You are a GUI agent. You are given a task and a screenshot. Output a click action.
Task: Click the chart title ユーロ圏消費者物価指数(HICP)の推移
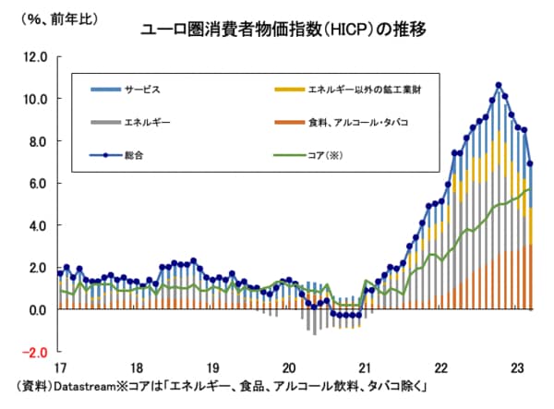click(x=283, y=28)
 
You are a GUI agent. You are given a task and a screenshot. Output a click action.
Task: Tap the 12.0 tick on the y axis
click(x=35, y=56)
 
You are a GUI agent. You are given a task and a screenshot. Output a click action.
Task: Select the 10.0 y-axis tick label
click(x=35, y=99)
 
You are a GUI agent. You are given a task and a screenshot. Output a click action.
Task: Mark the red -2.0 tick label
click(x=36, y=352)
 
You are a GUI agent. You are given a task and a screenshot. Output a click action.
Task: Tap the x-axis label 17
click(x=61, y=365)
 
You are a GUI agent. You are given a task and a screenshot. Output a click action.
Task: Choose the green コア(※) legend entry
click(x=329, y=154)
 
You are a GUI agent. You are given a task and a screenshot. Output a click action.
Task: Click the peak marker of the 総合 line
click(x=499, y=85)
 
